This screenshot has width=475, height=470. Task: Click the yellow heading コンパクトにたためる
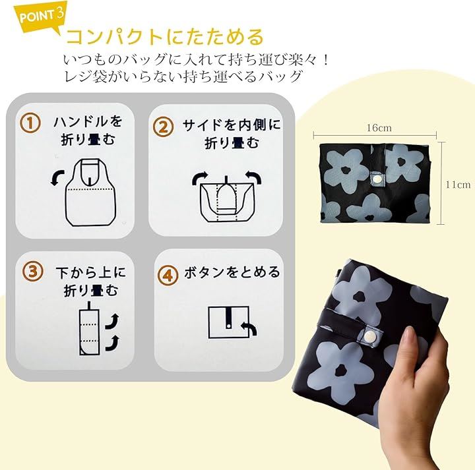point(165,37)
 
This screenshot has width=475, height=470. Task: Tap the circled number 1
point(30,123)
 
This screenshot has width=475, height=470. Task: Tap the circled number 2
point(163,127)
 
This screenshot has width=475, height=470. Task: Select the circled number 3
point(32,271)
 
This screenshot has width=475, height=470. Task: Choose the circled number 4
point(168,276)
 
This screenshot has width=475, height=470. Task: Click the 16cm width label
point(379,128)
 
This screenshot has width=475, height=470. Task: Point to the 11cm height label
point(458,185)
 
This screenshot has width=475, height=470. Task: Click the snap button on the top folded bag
point(377,179)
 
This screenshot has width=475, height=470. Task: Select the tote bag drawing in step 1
point(90,192)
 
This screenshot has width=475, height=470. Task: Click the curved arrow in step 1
point(57,177)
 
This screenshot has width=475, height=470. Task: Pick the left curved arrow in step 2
point(200,178)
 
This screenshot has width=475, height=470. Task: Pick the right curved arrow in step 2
point(253,177)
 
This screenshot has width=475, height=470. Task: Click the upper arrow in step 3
point(112,322)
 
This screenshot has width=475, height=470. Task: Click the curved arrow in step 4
point(249,329)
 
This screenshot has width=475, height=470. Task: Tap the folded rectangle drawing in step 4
point(229,322)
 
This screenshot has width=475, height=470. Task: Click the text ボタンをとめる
point(232,272)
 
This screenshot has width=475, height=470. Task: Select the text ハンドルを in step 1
point(88,121)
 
